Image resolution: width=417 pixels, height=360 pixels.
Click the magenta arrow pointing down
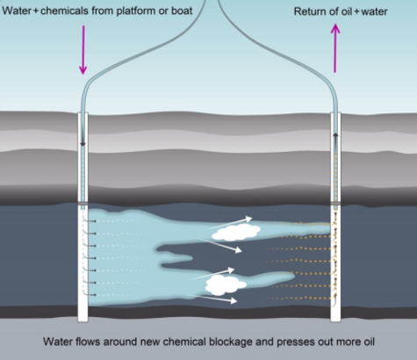click(x=83, y=50)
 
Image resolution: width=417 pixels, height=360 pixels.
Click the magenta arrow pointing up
click(x=335, y=48)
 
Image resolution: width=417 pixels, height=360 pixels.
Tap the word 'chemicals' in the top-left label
click(x=64, y=11)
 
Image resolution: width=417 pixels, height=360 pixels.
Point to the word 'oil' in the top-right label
click(x=347, y=11)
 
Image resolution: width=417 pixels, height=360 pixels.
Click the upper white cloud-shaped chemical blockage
click(x=236, y=233)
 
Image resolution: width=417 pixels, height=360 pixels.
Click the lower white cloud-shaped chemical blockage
click(x=226, y=285)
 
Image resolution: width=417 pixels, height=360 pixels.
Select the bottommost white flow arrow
click(x=216, y=299)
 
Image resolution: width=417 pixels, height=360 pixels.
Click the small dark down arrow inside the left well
click(x=83, y=144)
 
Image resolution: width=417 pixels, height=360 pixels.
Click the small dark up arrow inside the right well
click(x=335, y=135)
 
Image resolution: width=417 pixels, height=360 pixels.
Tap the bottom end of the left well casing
click(x=83, y=321)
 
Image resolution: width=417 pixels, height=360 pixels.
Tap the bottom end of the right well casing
click(x=336, y=321)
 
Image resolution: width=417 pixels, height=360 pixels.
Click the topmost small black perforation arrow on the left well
click(x=90, y=221)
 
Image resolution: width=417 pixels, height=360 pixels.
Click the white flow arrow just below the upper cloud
click(x=219, y=245)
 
